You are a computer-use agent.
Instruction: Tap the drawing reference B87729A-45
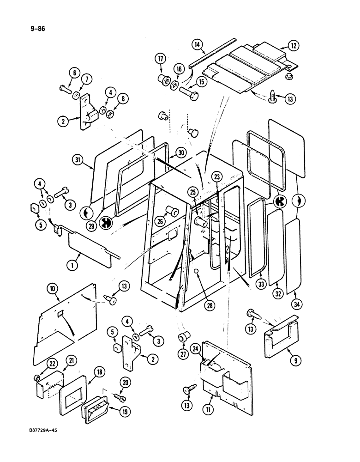[44, 429]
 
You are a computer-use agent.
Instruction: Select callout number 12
[294, 46]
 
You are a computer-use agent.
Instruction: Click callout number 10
[52, 290]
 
